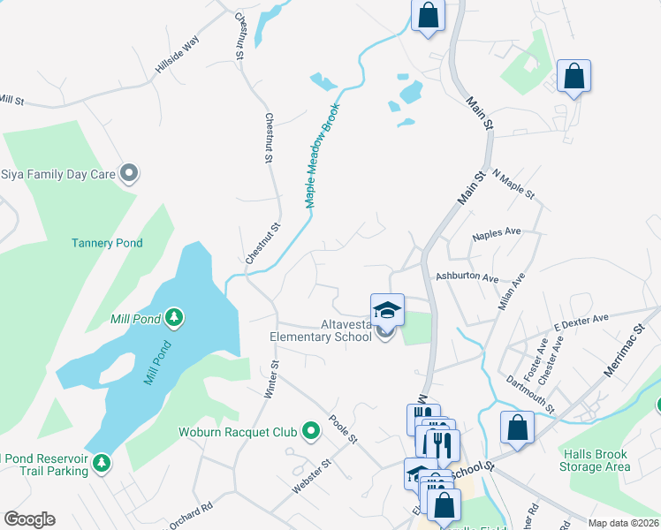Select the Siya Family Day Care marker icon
129,173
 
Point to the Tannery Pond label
107,243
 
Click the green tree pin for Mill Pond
175,317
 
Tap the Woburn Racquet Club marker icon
310,431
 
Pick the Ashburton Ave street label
468,276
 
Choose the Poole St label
342,428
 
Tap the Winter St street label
272,379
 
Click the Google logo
29,519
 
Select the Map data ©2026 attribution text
623,523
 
